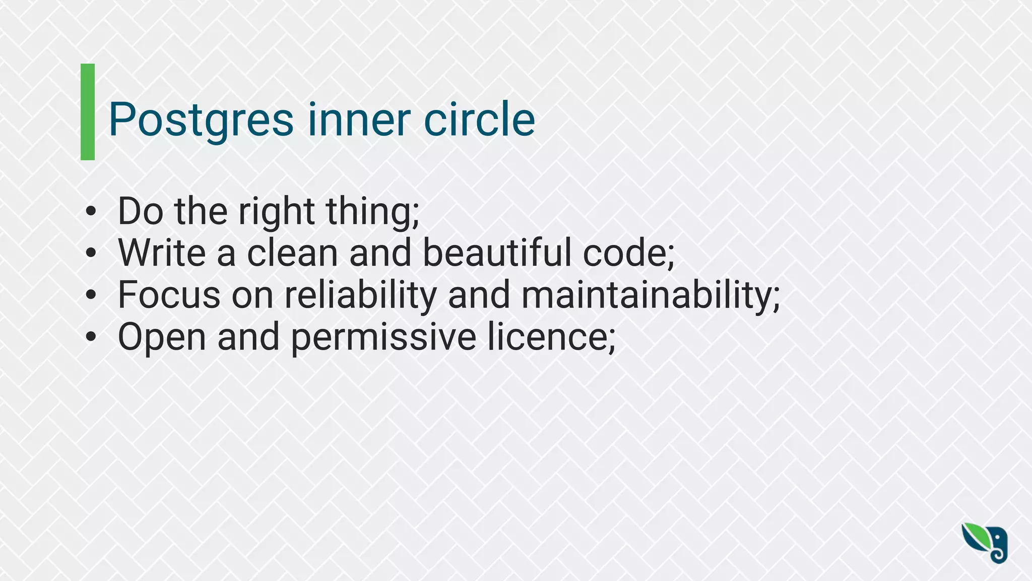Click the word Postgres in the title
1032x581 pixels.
pyautogui.click(x=201, y=120)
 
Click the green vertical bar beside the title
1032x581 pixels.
pyautogui.click(x=88, y=112)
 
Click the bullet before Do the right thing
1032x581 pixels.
pyautogui.click(x=90, y=211)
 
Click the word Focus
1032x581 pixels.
pyautogui.click(x=169, y=295)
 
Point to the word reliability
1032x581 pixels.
pyautogui.click(x=360, y=295)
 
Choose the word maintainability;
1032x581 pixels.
pyautogui.click(x=651, y=295)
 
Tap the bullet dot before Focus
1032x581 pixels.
pyautogui.click(x=90, y=295)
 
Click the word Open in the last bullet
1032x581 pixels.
pyautogui.click(x=162, y=337)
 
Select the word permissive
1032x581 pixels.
pyautogui.click(x=383, y=337)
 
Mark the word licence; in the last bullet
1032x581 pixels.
pyautogui.click(x=551, y=337)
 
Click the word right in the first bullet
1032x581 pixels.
pyautogui.click(x=277, y=211)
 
